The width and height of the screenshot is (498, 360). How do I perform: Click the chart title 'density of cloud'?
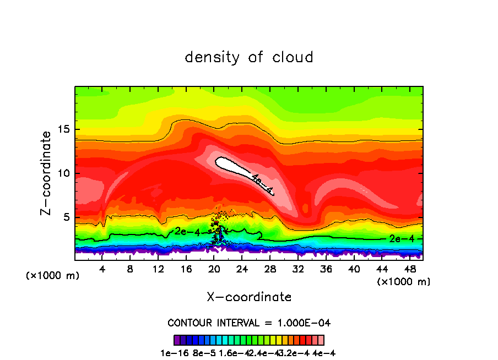tap(249, 57)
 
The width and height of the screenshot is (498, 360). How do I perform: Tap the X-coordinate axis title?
tap(249, 297)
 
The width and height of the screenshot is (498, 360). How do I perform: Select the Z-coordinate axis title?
tap(47, 173)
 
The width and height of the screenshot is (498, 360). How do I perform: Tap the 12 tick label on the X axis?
tap(158, 269)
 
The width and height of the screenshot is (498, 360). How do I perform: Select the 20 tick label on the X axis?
tap(214, 269)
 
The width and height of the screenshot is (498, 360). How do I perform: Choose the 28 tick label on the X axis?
tap(270, 269)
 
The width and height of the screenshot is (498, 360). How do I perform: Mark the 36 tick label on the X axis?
tap(326, 269)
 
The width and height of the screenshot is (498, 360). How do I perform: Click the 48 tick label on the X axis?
tap(410, 269)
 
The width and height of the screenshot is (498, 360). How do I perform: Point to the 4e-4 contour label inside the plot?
tap(262, 183)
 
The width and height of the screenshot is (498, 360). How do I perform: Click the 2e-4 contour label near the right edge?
tap(398, 238)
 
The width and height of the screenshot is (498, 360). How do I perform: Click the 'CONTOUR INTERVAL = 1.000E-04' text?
tap(249, 323)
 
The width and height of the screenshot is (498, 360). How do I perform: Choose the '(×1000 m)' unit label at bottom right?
tap(403, 282)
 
